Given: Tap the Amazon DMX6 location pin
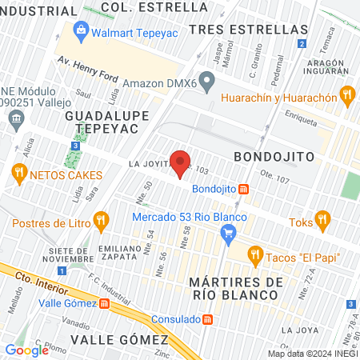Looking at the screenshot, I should click(208, 80).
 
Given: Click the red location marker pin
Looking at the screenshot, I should click(181, 163).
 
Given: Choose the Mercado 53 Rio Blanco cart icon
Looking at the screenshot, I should click(229, 233).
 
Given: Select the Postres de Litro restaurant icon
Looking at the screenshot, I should click(100, 219).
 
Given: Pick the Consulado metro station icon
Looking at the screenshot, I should click(208, 319).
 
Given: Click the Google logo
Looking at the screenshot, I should click(26, 350).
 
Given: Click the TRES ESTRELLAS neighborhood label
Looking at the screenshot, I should click(248, 29).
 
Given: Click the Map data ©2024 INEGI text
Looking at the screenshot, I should click(312, 354).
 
